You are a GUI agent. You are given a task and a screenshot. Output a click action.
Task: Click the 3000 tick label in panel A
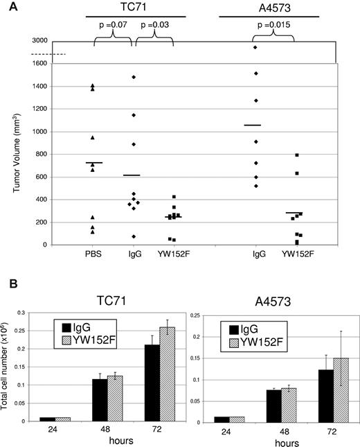[x=39, y=41]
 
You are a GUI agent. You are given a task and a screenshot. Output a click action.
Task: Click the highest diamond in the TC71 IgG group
[x=133, y=77]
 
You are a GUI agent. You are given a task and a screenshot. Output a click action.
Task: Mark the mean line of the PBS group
[x=93, y=163]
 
